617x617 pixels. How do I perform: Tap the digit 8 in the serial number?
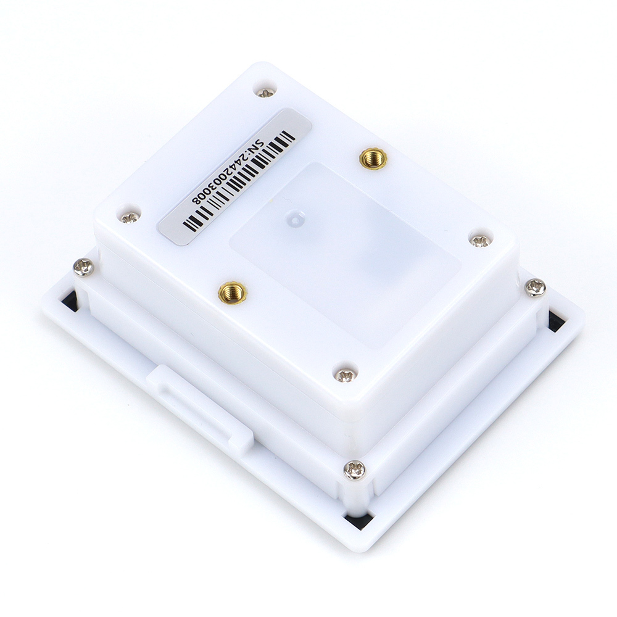click(196, 199)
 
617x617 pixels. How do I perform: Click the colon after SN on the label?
click(255, 149)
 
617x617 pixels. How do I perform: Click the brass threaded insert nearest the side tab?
click(232, 292)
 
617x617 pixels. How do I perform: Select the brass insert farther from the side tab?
click(373, 159)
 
